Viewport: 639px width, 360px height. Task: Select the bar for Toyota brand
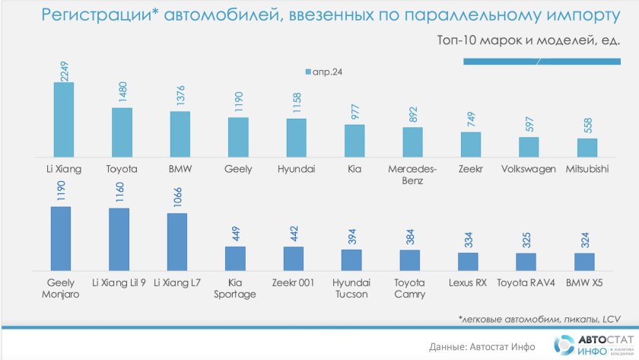click(122, 132)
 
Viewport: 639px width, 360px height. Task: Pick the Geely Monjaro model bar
click(60, 239)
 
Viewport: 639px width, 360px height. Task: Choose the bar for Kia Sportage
click(235, 259)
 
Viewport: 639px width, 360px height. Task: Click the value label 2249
click(64, 65)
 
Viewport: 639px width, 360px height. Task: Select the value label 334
click(468, 240)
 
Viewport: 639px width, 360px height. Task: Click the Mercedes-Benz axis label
click(412, 175)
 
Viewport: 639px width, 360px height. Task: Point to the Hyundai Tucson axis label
click(351, 288)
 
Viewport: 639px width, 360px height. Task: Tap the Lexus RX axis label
click(468, 282)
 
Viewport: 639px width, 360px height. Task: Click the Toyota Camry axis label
click(409, 288)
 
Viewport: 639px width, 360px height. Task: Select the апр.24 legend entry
click(323, 72)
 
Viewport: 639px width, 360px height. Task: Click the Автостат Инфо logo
click(596, 345)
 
